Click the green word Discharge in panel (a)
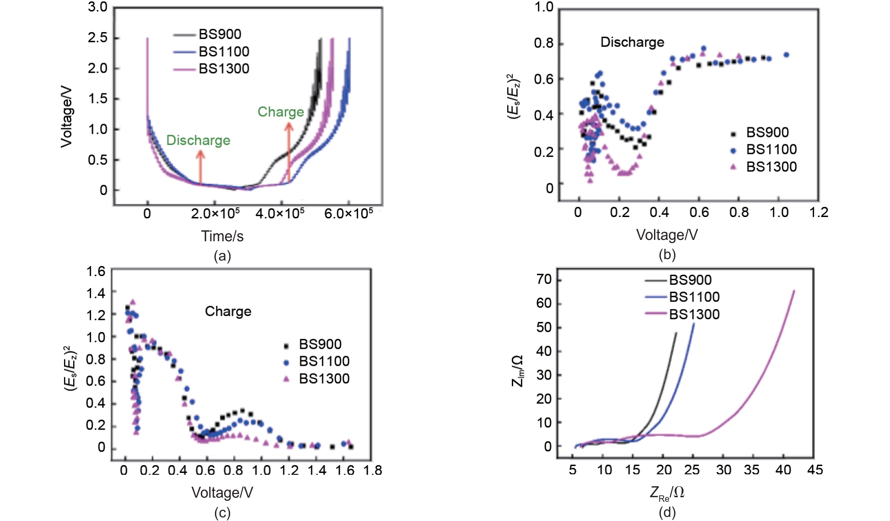198,140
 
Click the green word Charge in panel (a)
280,112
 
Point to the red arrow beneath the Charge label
289,151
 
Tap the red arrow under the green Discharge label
200,167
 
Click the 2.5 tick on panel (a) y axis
97,38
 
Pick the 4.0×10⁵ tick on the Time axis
279,214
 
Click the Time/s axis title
222,236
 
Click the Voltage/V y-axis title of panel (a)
67,117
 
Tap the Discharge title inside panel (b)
632,42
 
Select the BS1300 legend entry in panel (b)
771,167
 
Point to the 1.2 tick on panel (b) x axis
818,212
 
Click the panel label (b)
667,255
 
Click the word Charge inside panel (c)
228,311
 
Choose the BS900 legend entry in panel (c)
320,344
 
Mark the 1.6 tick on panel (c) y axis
96,271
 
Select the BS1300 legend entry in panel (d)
694,315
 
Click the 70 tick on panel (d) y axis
544,279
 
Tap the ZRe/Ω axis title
667,493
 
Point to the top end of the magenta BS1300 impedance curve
793,291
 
